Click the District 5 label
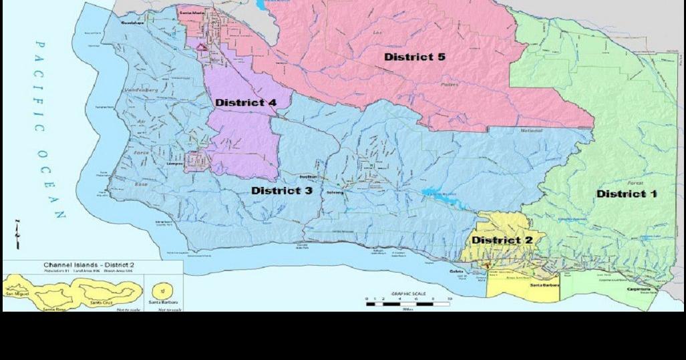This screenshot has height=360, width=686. (x=414, y=57)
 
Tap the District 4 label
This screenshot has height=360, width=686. (x=245, y=103)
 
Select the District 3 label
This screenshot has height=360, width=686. (x=281, y=190)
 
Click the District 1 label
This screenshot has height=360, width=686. (x=627, y=194)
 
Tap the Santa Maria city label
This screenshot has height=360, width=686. (x=192, y=12)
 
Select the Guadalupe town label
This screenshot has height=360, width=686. (x=133, y=22)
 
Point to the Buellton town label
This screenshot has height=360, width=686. (x=308, y=176)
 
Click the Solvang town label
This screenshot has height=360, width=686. (x=334, y=192)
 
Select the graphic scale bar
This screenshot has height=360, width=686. (x=407, y=304)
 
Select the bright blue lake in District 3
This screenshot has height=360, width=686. (x=441, y=193)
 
